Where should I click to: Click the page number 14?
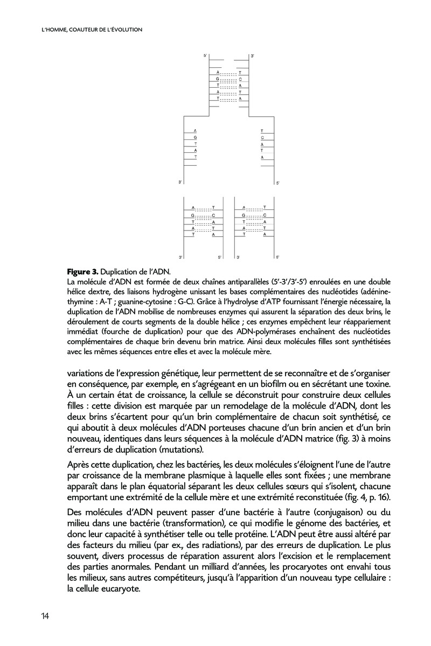[45, 616]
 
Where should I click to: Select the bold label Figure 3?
[82, 271]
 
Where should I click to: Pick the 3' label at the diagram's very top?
[252, 56]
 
